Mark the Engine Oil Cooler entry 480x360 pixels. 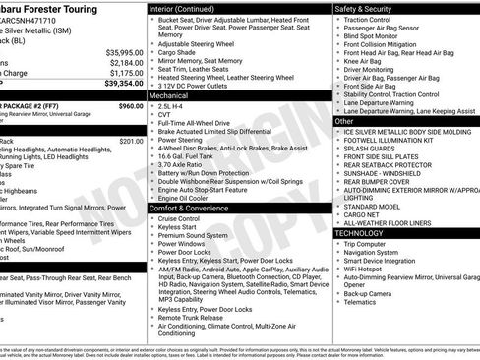point(184,197)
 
